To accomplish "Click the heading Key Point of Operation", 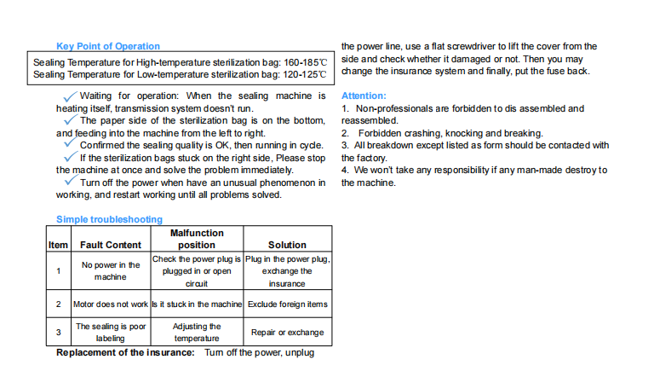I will coord(107,46).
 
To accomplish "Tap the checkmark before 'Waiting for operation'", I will coord(70,96).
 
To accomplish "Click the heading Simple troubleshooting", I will coord(109,219).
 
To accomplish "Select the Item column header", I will coord(58,245).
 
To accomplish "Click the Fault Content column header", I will coord(111,245).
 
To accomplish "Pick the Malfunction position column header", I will coord(197,239).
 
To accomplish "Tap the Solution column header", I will coord(287,245).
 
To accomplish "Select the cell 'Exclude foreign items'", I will coord(287,304).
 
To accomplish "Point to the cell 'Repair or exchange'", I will coord(287,332).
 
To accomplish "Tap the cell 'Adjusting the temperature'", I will coord(197,332).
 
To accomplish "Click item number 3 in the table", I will coord(58,332).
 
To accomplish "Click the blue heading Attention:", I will coord(363,96).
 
